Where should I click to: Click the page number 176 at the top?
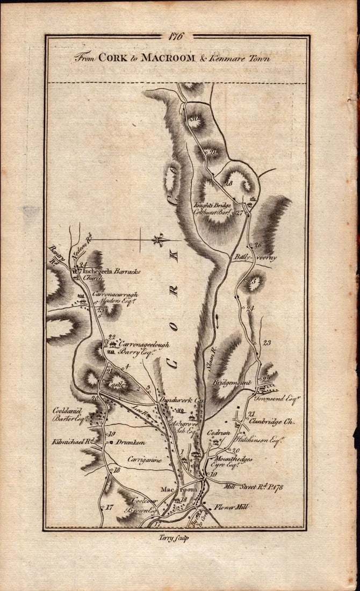click(177, 38)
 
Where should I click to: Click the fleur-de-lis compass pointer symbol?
click(157, 240)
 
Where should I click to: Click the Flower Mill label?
click(231, 506)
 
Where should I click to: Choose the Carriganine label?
click(145, 459)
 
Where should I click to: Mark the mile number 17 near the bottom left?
click(110, 507)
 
